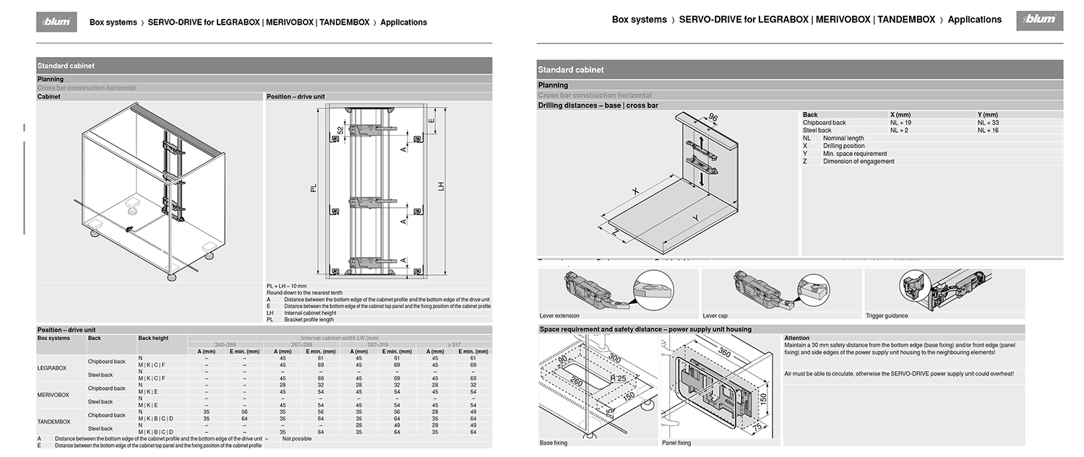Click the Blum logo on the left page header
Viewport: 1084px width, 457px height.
[x=57, y=22]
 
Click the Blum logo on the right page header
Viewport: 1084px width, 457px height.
[x=1038, y=20]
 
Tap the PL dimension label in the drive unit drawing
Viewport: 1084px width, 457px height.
[x=314, y=187]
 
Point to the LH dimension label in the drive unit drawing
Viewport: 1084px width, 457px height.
[x=441, y=186]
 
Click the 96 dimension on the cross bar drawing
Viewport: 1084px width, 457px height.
[x=713, y=119]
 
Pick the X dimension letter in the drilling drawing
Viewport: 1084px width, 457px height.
[x=636, y=191]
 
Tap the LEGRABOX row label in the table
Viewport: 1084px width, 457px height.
[x=52, y=368]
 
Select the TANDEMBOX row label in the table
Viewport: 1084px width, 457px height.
[x=54, y=422]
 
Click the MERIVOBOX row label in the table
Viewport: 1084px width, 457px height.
[x=53, y=395]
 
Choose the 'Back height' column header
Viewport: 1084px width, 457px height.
[x=153, y=338]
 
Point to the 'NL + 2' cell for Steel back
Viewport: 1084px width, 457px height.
[x=899, y=131]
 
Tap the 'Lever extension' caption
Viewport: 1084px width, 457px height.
[x=559, y=316]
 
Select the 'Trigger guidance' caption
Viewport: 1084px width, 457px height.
[x=887, y=316]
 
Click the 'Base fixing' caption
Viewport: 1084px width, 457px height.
[x=554, y=443]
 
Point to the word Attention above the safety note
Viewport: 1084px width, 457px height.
[x=797, y=338]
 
